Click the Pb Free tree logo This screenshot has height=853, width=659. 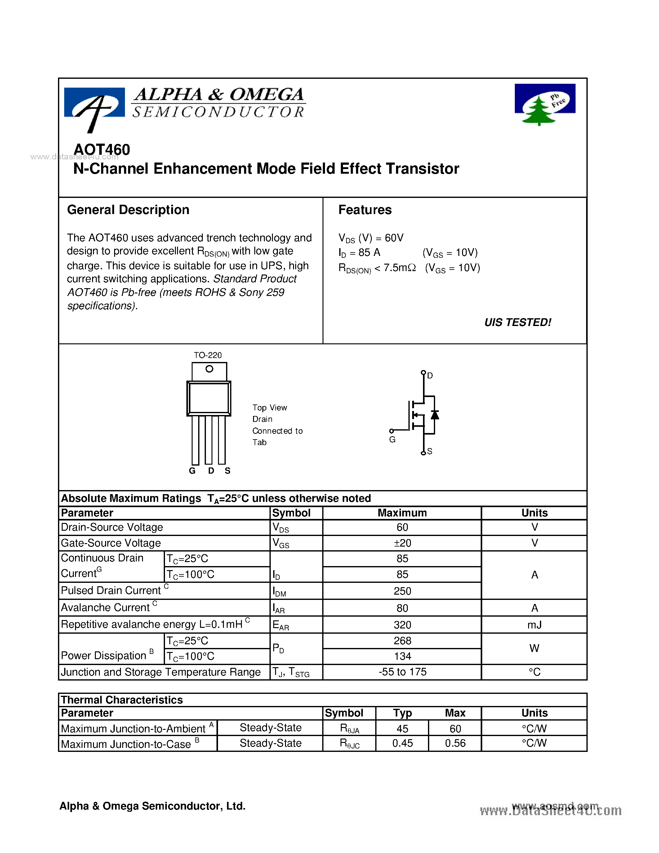tap(545, 104)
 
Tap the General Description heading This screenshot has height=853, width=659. tap(128, 210)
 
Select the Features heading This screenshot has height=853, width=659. tap(365, 210)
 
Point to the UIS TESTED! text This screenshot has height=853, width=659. tap(517, 322)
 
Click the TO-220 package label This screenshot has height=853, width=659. tap(208, 355)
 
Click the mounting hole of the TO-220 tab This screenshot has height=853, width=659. tap(209, 369)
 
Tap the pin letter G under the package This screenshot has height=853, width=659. tap(192, 471)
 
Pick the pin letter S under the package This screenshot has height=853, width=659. tap(228, 471)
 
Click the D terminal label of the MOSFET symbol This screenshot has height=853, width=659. tap(430, 375)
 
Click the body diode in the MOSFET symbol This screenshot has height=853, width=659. tap(434, 415)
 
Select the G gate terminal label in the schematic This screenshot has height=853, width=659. tap(392, 440)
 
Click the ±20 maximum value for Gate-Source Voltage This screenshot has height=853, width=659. tap(402, 543)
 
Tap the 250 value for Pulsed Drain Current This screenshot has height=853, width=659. tap(402, 591)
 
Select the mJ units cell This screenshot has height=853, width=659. tap(534, 625)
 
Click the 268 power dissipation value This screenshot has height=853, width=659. tap(402, 641)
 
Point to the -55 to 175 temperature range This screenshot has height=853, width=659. tap(402, 672)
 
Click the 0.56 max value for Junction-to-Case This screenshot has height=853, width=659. tap(455, 743)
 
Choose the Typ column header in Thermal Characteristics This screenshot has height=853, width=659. tap(402, 713)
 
